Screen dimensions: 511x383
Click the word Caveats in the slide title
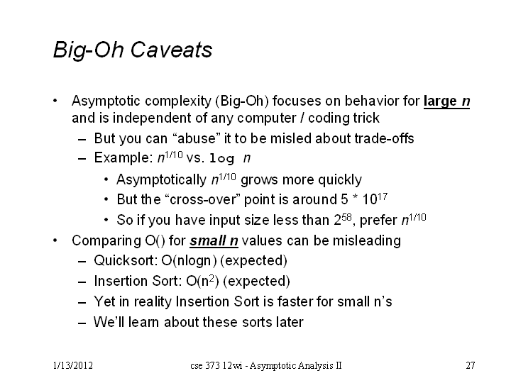coord(171,50)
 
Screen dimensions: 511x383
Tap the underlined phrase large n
coord(447,101)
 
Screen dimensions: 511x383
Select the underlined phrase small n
coord(214,241)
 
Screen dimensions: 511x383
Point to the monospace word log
coord(221,159)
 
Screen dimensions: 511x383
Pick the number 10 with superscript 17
coord(375,199)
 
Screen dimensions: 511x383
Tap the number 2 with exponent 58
coord(343,219)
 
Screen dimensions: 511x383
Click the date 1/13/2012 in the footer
coord(73,366)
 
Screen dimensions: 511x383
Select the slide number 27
coord(471,366)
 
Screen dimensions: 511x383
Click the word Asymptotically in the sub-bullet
coord(162,179)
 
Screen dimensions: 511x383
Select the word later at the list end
coord(290,322)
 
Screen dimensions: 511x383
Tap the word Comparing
coord(107,241)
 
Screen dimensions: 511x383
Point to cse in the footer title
coord(197,366)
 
